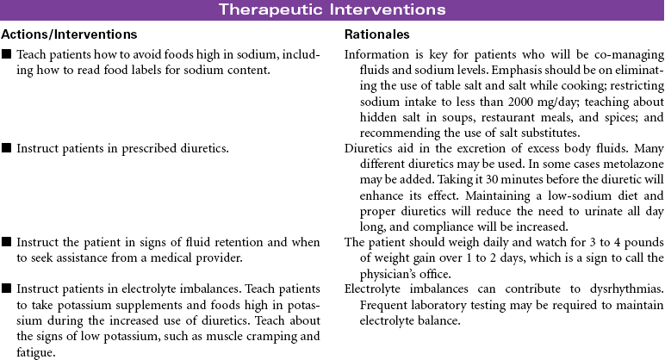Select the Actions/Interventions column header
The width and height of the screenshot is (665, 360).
69,34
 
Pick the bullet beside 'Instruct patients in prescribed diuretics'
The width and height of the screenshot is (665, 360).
7,150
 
